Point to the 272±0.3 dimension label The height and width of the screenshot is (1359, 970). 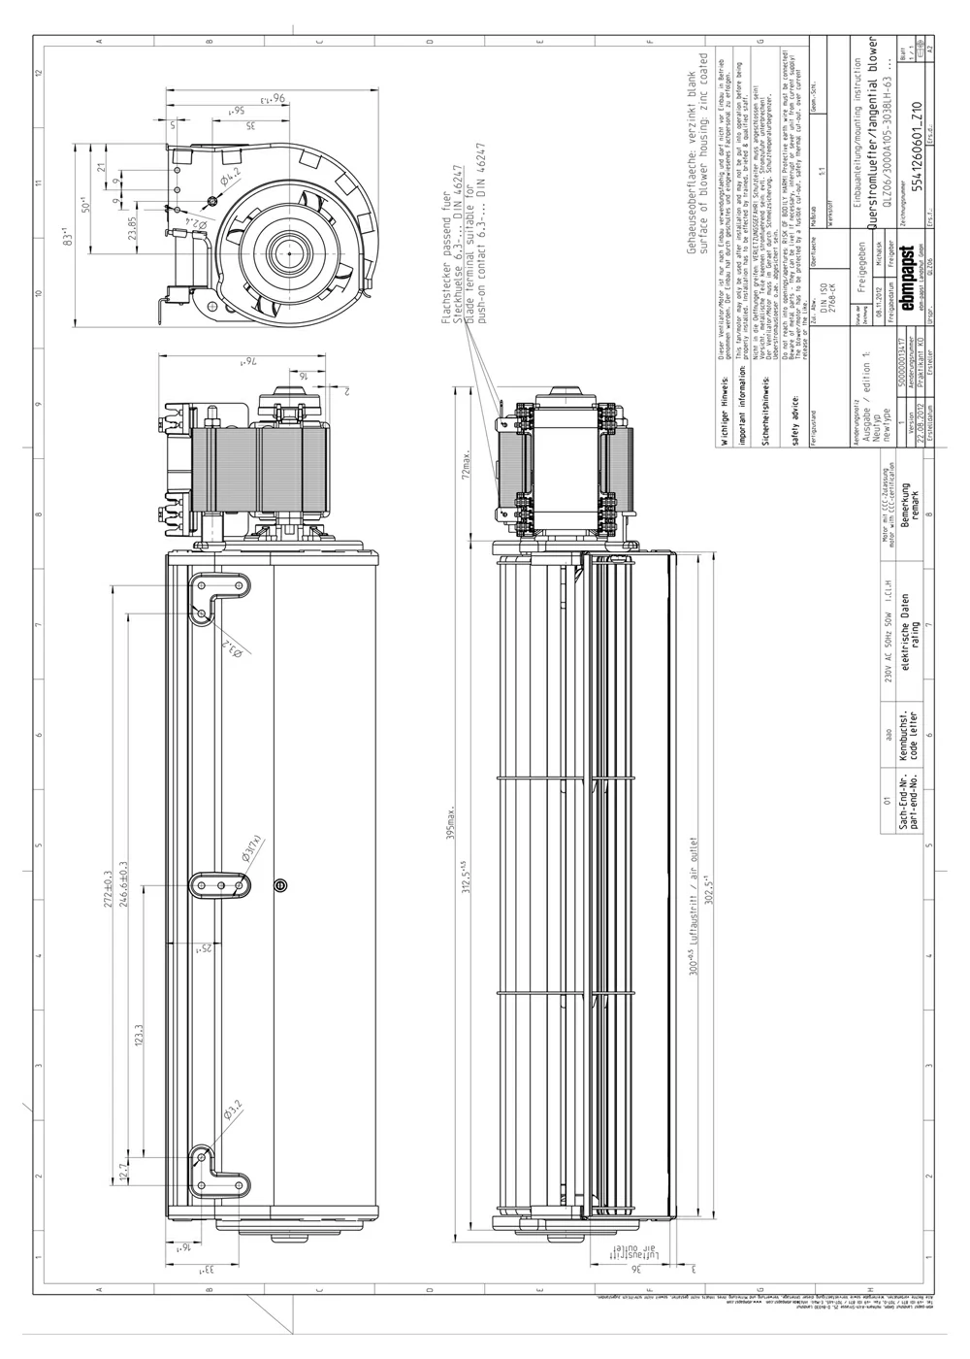click(121, 886)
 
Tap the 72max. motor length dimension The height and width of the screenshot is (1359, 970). click(469, 465)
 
